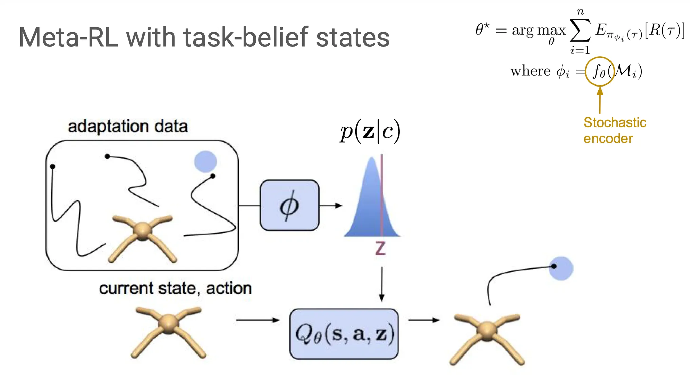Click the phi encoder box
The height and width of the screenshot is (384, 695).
(x=289, y=205)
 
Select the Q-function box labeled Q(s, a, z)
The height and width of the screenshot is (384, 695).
(x=344, y=334)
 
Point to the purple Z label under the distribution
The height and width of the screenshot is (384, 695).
(x=380, y=248)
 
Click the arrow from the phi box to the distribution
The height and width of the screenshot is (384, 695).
(x=331, y=205)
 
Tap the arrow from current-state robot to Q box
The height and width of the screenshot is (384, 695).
(x=257, y=320)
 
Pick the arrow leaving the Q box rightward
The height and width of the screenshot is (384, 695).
(x=424, y=320)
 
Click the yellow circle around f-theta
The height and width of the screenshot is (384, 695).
(x=600, y=71)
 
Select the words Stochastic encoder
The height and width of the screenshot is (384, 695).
(x=615, y=131)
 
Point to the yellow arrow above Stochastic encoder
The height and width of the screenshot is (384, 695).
(x=600, y=100)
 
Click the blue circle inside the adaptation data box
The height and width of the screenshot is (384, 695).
(x=205, y=161)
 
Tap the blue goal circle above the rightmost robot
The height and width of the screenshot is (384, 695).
(x=561, y=268)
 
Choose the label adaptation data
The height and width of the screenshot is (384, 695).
(x=128, y=126)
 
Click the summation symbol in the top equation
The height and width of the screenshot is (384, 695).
(x=580, y=31)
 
